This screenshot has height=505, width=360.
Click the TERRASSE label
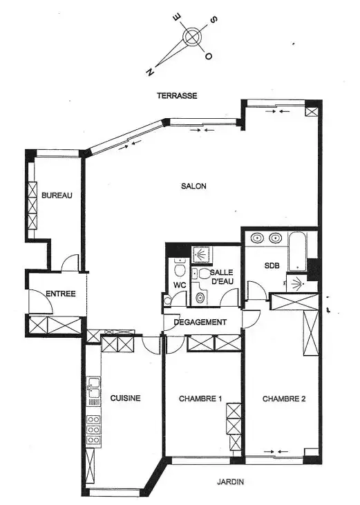(177, 95)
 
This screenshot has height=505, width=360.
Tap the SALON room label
(193, 186)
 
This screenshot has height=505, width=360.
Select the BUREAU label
(57, 196)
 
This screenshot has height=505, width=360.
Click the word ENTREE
(61, 294)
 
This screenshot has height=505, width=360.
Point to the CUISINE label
(125, 398)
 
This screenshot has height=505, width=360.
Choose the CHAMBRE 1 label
(200, 399)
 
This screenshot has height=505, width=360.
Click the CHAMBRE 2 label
(284, 399)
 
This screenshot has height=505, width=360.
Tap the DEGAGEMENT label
(200, 322)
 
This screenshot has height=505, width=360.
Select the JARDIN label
(230, 482)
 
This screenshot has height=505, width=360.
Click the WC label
(180, 285)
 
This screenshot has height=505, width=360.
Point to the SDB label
(272, 266)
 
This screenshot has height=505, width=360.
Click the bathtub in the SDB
(297, 251)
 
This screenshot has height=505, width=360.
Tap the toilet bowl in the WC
(180, 269)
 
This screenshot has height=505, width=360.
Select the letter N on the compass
(150, 72)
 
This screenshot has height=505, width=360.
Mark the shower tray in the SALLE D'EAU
(200, 254)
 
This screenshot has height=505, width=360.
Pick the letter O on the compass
(208, 56)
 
